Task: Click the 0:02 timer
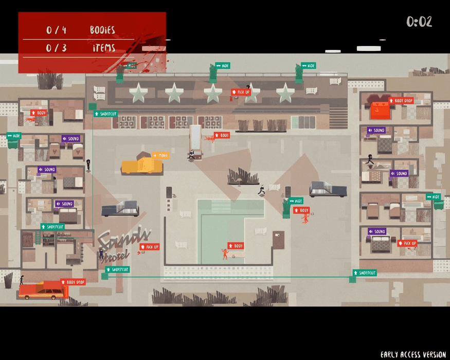[419, 22]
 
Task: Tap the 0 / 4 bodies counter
[56, 30]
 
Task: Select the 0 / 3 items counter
[56, 48]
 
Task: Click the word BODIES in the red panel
[102, 30]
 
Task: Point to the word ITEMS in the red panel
[104, 48]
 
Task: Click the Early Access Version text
[413, 354]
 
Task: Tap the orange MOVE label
[160, 155]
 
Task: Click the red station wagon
[43, 290]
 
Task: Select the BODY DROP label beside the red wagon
[74, 282]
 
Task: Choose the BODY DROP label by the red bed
[401, 101]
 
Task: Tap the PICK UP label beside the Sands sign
[150, 247]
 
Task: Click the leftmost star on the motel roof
[138, 93]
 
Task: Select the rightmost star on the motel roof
[284, 93]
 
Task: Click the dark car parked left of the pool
[120, 209]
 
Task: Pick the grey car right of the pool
[328, 189]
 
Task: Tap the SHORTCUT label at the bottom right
[365, 273]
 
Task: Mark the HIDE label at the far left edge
[14, 136]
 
